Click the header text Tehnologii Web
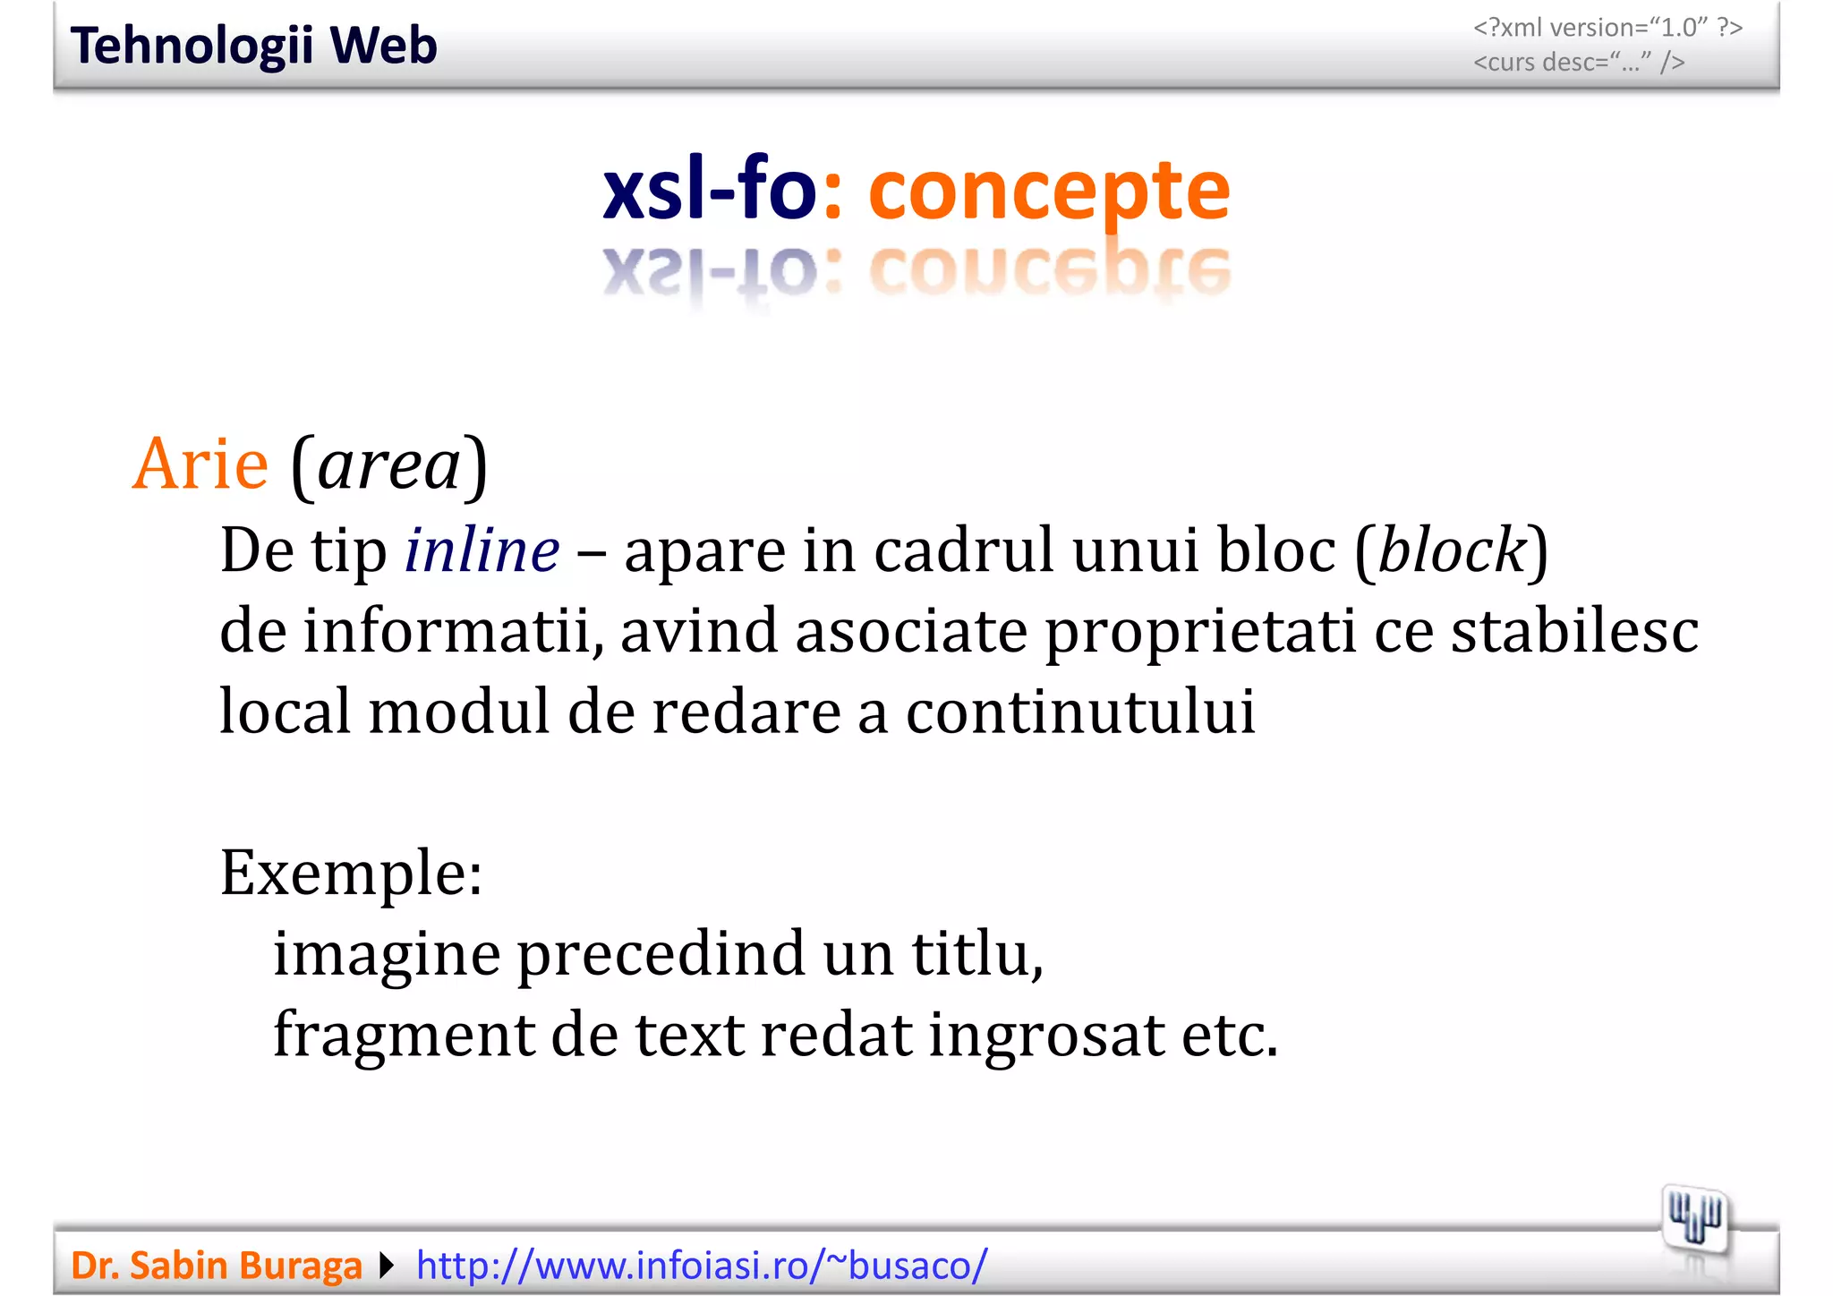tap(253, 46)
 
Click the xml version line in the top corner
tap(1607, 28)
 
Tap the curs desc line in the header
tap(1578, 62)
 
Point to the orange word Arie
tap(200, 465)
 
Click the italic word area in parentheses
tap(389, 466)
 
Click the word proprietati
tap(1200, 631)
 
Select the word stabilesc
tap(1574, 631)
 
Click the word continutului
tap(1080, 712)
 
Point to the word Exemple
tap(351, 874)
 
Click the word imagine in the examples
tap(387, 955)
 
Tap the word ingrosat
tap(1046, 1036)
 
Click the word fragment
tap(403, 1036)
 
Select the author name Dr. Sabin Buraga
tap(217, 1266)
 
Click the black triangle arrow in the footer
tap(387, 1266)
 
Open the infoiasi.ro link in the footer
tap(702, 1266)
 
